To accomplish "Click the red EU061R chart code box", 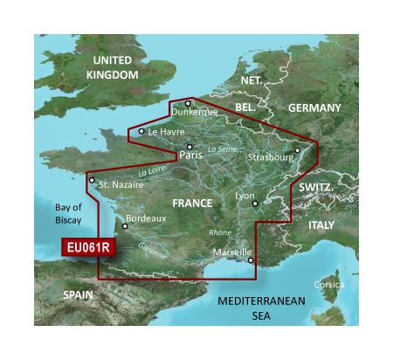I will (x=87, y=247).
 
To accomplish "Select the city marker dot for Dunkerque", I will (x=187, y=103).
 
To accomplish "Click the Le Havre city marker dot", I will (x=141, y=132).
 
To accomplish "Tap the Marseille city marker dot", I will (x=251, y=260).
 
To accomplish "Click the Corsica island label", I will (x=330, y=285).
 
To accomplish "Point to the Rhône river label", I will (x=219, y=232).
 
